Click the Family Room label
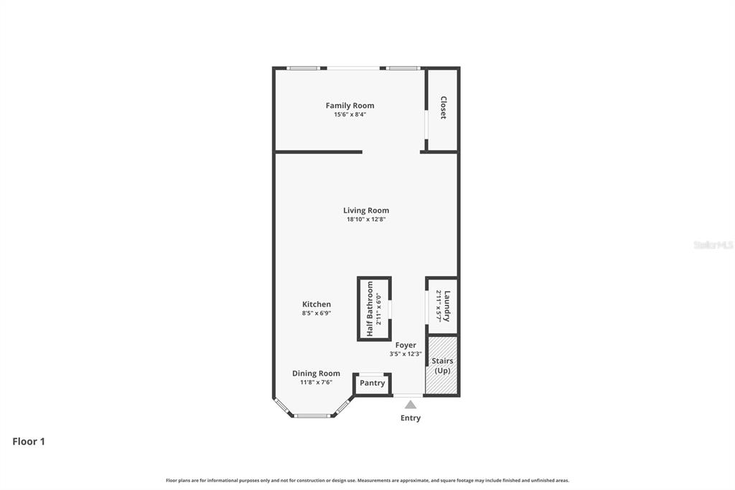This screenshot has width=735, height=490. click(x=350, y=106)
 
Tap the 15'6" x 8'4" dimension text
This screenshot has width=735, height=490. click(x=350, y=114)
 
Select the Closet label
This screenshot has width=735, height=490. click(x=443, y=108)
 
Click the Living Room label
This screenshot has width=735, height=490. click(x=366, y=211)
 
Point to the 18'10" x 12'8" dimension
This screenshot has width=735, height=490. click(x=366, y=219)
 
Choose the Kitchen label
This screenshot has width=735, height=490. click(x=317, y=304)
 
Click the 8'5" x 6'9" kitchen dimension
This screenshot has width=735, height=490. click(x=317, y=313)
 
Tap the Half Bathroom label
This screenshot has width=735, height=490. click(x=370, y=309)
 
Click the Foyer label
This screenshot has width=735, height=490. click(x=406, y=346)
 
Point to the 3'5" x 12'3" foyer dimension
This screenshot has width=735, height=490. click(x=406, y=354)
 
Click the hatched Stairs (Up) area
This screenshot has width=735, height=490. click(x=441, y=365)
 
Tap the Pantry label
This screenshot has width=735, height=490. click(x=373, y=383)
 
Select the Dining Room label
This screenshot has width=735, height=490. click(x=316, y=374)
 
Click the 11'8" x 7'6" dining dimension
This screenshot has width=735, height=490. click(x=316, y=382)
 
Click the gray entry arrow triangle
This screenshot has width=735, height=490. click(x=411, y=405)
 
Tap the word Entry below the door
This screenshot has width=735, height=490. click(x=410, y=418)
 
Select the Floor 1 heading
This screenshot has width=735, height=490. click(x=29, y=441)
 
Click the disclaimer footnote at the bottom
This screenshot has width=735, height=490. click(x=367, y=480)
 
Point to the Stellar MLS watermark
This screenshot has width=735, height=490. click(x=713, y=245)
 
